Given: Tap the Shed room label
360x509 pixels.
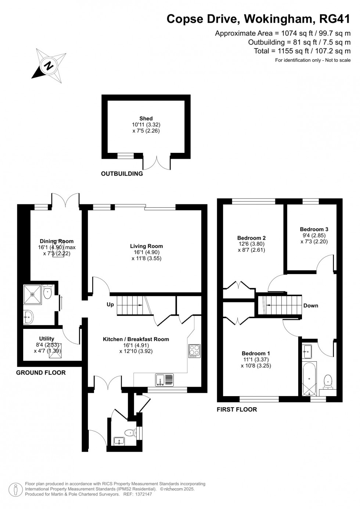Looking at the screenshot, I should [146, 118].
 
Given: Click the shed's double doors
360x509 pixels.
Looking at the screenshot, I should [157, 162].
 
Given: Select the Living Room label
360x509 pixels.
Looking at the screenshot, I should [146, 246].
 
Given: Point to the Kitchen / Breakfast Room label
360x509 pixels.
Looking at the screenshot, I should [136, 339].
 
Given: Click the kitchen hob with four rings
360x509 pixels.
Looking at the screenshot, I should [194, 351].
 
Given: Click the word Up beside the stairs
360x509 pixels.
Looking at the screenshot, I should [110, 305].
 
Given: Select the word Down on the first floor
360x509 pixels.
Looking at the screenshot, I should [311, 306].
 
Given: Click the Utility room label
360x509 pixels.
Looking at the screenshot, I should [47, 338].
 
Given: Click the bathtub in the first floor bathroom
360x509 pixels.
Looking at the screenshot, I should [309, 378].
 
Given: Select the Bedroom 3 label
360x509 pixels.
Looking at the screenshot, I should [314, 229].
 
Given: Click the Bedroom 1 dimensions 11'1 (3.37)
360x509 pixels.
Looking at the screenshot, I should [256, 360].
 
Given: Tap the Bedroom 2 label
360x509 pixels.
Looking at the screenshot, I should [251, 238].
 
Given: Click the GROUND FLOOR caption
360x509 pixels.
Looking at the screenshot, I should [41, 373].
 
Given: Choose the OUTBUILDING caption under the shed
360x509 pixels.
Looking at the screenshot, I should [122, 174].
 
